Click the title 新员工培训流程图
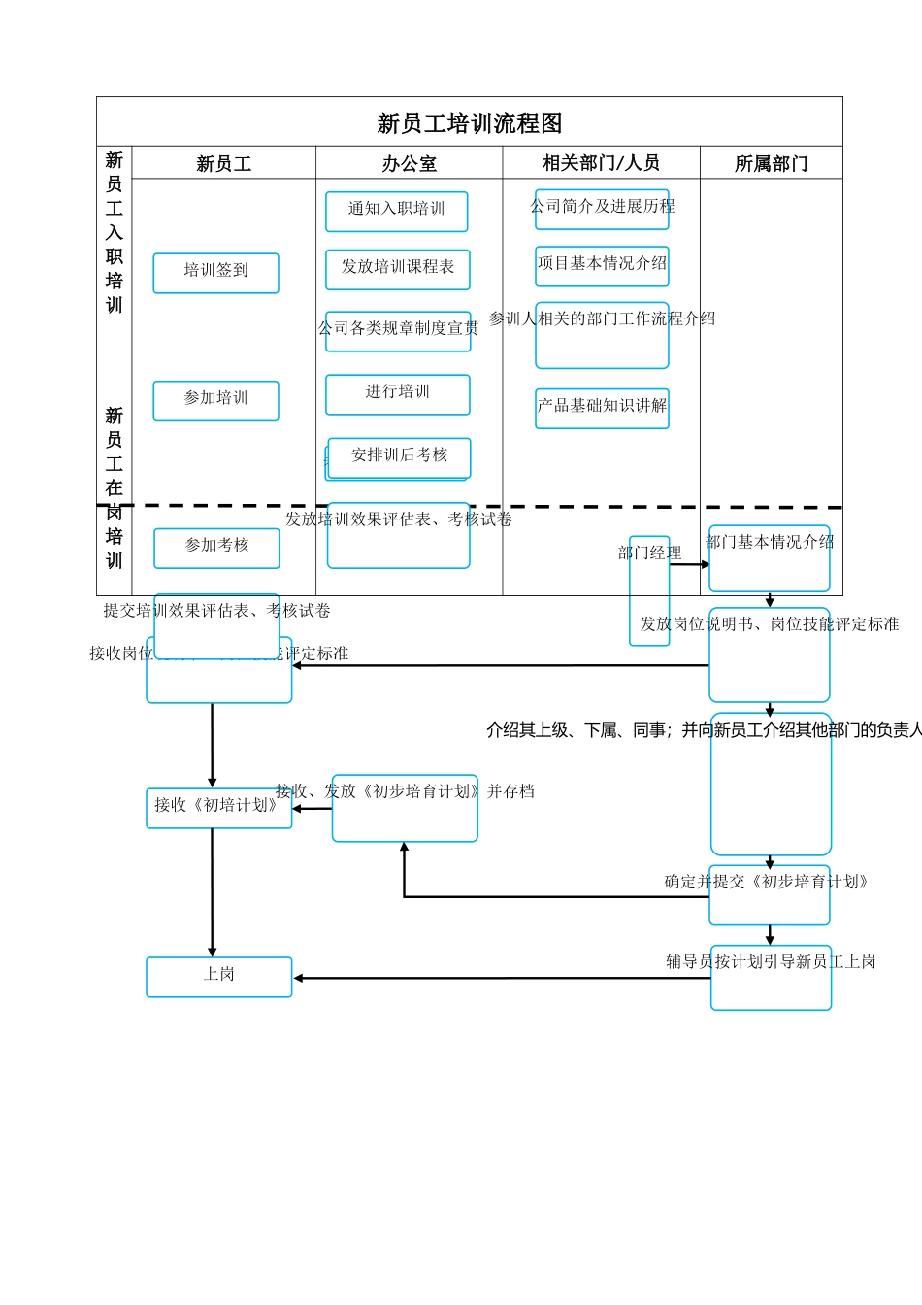pos(470,123)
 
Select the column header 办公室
pos(409,164)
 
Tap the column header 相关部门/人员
pos(601,163)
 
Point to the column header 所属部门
pos(771,164)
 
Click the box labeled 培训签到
pos(215,272)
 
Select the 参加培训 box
pos(215,399)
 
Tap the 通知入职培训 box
pos(396,210)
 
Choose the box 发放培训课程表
pos(397,268)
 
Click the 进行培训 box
pos(397,393)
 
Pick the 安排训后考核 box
pos(399,455)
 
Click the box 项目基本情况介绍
pos(602,264)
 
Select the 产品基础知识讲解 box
pos(602,407)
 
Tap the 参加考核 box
pos(216,547)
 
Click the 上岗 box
pos(218,976)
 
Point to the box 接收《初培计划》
pos(218,806)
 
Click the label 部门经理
pos(649,553)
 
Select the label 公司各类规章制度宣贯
pos(398,329)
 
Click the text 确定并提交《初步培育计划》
pos(767,883)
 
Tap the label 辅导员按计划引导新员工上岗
pos(771,962)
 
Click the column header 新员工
pos(223,164)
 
